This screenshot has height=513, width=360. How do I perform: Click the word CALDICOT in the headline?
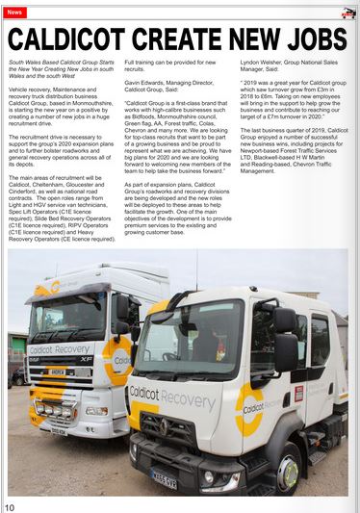[76, 39]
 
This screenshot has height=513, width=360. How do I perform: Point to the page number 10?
[9, 506]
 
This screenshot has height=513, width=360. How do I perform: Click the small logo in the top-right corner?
[348, 13]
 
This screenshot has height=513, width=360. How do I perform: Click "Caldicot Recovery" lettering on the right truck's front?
[173, 395]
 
